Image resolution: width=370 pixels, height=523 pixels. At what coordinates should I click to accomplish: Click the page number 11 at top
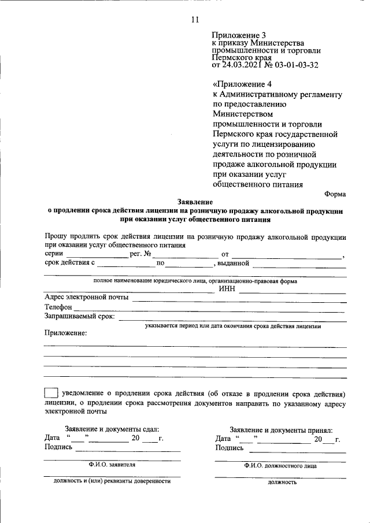(195, 20)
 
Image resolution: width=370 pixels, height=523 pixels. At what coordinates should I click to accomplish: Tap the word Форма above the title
(335, 195)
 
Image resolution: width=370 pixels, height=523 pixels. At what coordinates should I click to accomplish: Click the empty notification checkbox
(51, 393)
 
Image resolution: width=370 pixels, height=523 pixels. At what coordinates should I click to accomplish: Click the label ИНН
(227, 290)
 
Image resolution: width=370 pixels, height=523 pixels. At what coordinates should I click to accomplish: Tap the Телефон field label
(58, 307)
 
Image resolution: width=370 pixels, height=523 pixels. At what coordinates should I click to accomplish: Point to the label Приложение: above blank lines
(65, 333)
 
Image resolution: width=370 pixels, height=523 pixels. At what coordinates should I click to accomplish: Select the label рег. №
(140, 254)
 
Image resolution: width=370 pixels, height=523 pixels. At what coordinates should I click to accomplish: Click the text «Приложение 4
(238, 83)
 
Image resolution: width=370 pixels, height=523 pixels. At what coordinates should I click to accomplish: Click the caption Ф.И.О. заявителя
(112, 464)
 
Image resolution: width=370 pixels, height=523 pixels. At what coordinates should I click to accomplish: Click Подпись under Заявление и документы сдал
(58, 447)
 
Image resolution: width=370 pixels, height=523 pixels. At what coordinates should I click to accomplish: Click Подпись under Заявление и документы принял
(230, 448)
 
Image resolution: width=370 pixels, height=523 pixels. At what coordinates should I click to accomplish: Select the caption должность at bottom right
(282, 481)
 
